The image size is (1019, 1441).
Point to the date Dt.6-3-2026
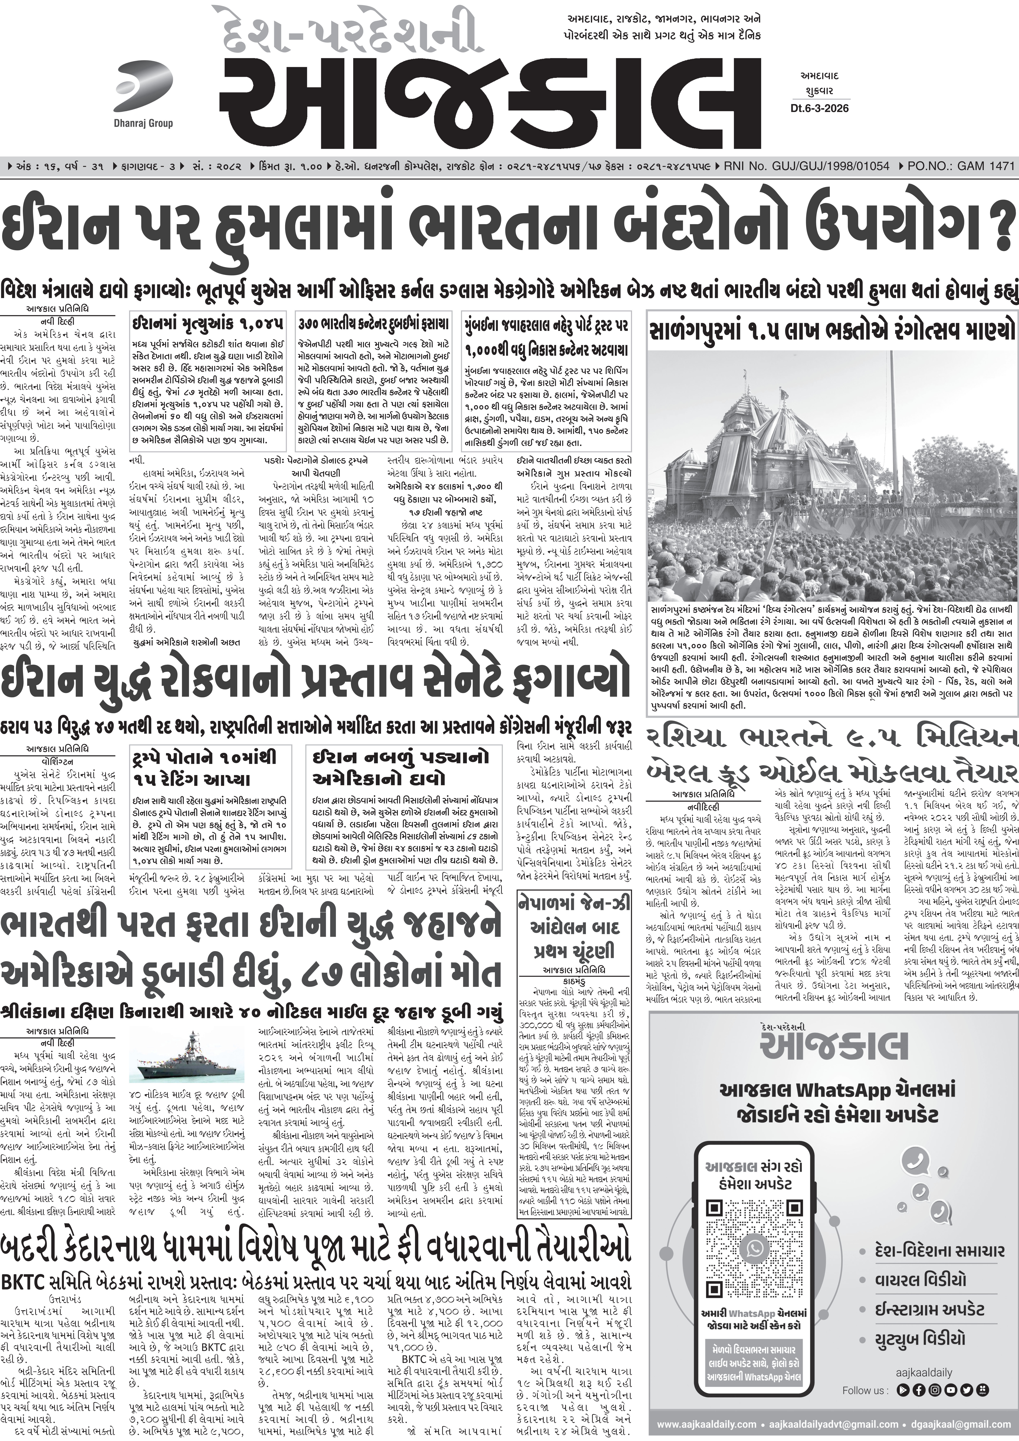pyautogui.click(x=819, y=109)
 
